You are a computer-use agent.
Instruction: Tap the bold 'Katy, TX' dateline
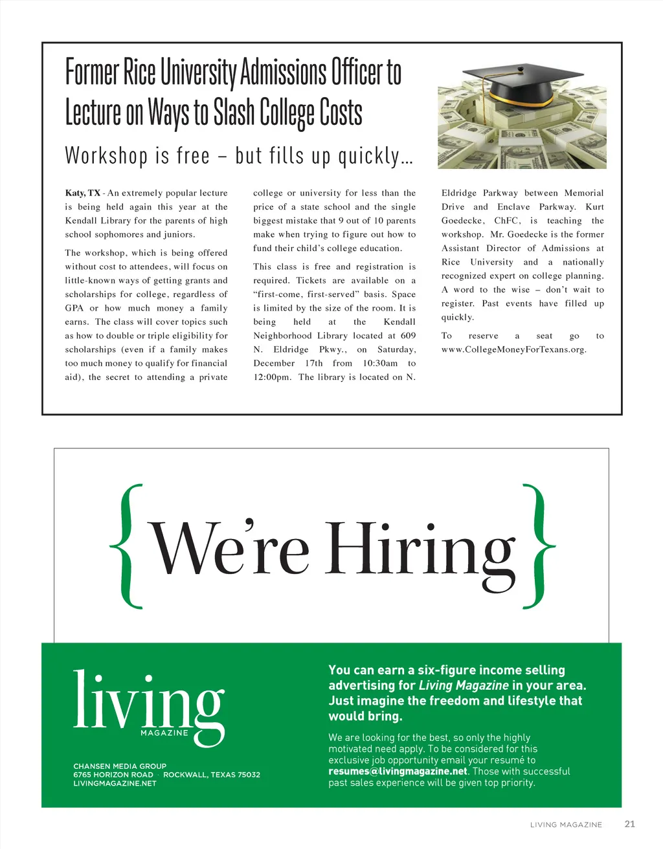tap(82, 193)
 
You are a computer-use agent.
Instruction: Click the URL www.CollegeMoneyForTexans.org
tap(513, 349)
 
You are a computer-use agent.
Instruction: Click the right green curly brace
tap(537, 547)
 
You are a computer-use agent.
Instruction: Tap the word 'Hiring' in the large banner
tap(421, 550)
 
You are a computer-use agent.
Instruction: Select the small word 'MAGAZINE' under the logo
tap(164, 733)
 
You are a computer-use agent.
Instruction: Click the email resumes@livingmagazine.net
tap(398, 771)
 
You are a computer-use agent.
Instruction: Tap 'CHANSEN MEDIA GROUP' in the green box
tap(120, 766)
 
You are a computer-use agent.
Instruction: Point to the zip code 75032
tap(248, 775)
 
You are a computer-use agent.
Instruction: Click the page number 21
tap(629, 824)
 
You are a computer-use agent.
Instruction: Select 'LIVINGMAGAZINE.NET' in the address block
tap(115, 783)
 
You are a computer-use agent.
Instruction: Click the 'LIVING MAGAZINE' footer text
tap(566, 824)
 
